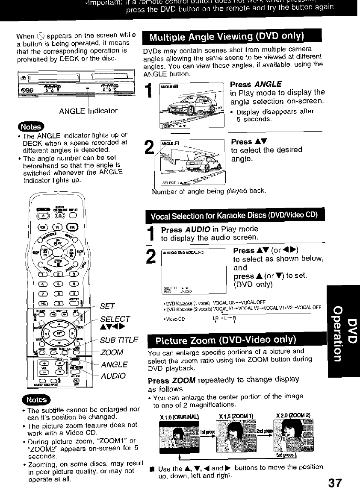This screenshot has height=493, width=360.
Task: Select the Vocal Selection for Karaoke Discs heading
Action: click(x=233, y=214)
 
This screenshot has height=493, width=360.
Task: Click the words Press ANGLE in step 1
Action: click(x=256, y=84)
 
